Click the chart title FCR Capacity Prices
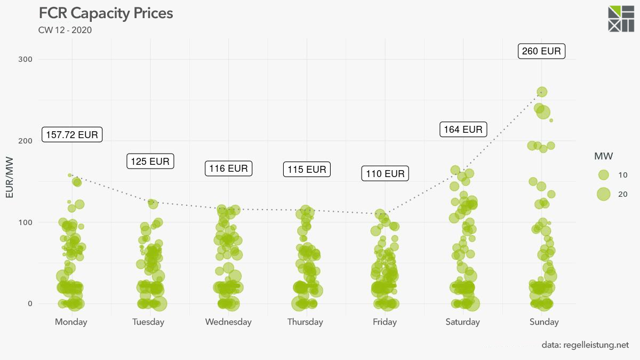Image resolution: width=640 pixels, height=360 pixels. pyautogui.click(x=106, y=13)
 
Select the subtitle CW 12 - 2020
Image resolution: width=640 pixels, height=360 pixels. pyautogui.click(x=65, y=30)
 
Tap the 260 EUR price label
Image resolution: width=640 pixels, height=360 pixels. pyautogui.click(x=541, y=51)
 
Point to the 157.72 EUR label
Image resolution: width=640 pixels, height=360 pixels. pyautogui.click(x=72, y=134)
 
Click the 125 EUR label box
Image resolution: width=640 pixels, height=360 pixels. pyautogui.click(x=150, y=161)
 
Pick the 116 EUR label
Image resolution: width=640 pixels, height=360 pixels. pyautogui.click(x=228, y=169)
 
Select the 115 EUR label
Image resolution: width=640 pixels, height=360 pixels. pyautogui.click(x=307, y=170)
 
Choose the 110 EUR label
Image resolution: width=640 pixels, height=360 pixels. pyautogui.click(x=385, y=173)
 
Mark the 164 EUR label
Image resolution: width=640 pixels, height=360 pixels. pyautogui.click(x=463, y=129)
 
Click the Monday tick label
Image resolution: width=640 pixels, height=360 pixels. pyautogui.click(x=71, y=322)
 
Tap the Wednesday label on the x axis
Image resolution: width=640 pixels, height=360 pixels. pyautogui.click(x=228, y=322)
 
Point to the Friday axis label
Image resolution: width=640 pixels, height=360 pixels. pyautogui.click(x=385, y=322)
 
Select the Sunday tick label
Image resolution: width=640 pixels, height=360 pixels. pyautogui.click(x=544, y=322)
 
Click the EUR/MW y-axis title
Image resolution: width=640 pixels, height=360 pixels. pyautogui.click(x=10, y=178)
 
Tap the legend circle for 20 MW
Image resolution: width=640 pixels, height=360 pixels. pyautogui.click(x=603, y=194)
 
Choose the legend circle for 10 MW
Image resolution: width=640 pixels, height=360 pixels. pyautogui.click(x=603, y=175)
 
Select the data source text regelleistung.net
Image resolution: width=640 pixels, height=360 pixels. pyautogui.click(x=585, y=345)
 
